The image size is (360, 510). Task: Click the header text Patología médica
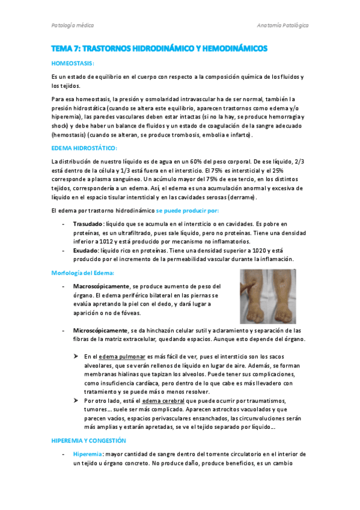coord(72,26)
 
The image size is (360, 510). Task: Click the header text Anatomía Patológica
coord(282,26)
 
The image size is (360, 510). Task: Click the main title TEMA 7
coord(159,48)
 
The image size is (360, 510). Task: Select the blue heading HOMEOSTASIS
coord(73,63)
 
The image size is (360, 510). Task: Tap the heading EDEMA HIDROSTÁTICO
coord(85,148)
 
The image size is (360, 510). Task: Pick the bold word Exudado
coord(84,250)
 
